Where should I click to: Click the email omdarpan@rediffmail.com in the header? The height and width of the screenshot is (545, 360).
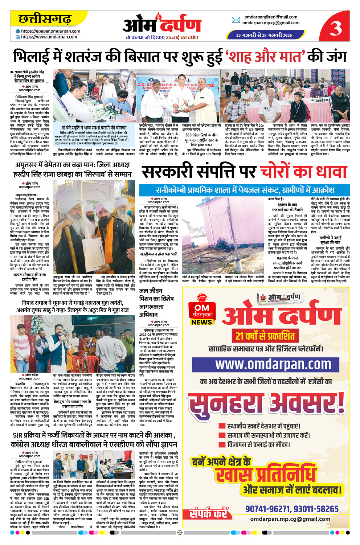pyautogui.click(x=271, y=17)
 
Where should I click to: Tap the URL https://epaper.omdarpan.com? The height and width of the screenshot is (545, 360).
pyautogui.click(x=50, y=31)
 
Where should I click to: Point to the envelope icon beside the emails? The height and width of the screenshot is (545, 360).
pyautogui.click(x=236, y=20)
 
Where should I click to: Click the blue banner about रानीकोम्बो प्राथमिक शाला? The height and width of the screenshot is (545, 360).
pyautogui.click(x=245, y=190)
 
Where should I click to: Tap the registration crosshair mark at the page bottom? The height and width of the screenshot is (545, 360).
pyautogui.click(x=180, y=533)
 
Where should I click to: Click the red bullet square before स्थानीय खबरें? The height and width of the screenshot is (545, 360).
pyautogui.click(x=222, y=426)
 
